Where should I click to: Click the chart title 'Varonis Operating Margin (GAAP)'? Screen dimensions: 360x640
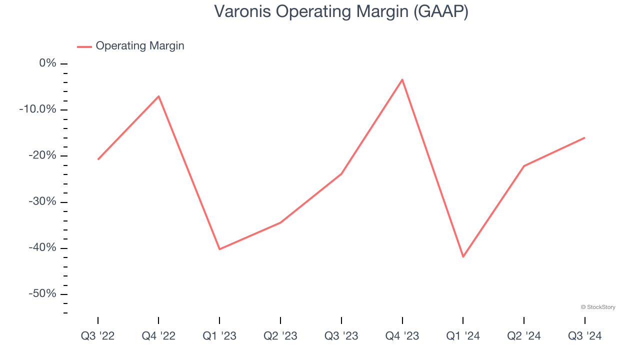(341, 11)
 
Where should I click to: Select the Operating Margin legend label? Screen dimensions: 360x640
(140, 46)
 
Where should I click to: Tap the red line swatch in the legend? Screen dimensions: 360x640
(84, 46)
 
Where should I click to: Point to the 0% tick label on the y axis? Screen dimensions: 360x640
(48, 63)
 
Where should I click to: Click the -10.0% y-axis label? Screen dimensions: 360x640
(37, 109)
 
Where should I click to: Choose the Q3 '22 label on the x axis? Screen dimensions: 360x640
(98, 336)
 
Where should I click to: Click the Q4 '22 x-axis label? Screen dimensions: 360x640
(158, 336)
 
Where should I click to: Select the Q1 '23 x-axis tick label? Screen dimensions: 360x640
(219, 336)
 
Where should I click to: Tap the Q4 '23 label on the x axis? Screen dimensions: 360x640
(402, 336)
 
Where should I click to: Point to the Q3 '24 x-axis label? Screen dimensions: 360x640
(584, 336)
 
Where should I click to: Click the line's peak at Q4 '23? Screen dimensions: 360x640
(402, 79)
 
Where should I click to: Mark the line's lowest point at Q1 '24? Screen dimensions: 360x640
(463, 256)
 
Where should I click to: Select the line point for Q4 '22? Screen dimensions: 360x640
(158, 96)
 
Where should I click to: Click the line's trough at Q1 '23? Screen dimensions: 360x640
(219, 249)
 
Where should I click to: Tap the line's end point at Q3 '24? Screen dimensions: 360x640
(584, 137)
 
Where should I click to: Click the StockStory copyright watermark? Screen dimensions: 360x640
(598, 307)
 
